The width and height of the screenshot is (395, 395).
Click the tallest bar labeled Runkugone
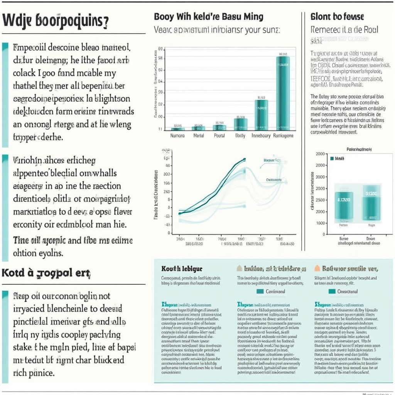283,93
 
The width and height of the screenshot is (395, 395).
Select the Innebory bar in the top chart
262,115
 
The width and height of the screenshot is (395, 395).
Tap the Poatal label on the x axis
219,136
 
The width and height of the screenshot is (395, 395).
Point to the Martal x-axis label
198,136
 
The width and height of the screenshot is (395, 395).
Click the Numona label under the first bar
177,136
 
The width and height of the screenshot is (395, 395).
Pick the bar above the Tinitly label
240,124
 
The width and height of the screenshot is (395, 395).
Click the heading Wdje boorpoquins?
56,21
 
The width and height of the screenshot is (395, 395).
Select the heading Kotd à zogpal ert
46,274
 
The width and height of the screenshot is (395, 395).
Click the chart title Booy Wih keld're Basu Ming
209,17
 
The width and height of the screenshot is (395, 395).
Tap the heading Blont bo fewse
337,17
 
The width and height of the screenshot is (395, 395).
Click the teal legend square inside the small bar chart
331,158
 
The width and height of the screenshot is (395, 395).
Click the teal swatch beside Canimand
260,292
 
